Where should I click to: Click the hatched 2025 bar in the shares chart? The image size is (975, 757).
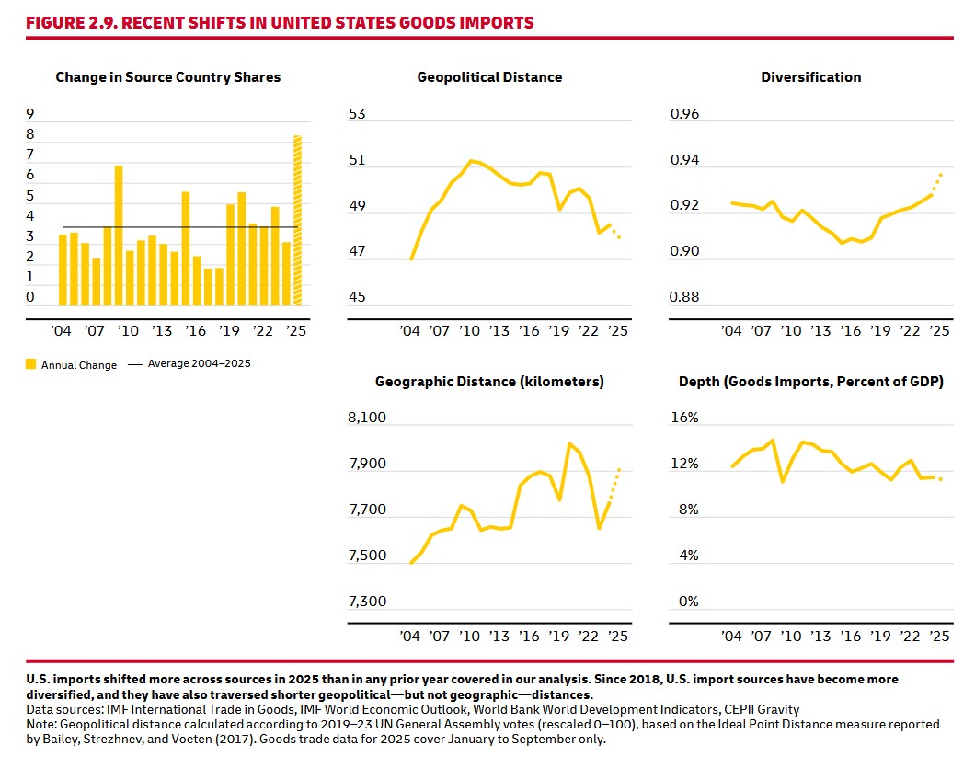pyautogui.click(x=297, y=221)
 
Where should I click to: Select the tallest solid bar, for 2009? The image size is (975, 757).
pyautogui.click(x=119, y=235)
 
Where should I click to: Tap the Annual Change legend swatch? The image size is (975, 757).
pyautogui.click(x=30, y=365)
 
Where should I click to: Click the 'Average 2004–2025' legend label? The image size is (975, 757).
pyautogui.click(x=199, y=364)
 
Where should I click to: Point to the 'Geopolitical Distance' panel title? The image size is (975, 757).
pyautogui.click(x=489, y=77)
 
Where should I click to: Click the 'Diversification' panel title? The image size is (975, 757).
pyautogui.click(x=811, y=77)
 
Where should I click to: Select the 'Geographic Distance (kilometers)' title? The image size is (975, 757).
pyautogui.click(x=489, y=382)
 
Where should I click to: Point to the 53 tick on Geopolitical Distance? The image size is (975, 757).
pyautogui.click(x=357, y=115)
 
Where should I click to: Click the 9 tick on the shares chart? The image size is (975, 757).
pyautogui.click(x=30, y=115)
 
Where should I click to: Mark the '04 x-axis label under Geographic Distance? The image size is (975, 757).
pyautogui.click(x=410, y=637)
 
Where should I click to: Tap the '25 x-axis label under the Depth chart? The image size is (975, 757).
pyautogui.click(x=939, y=637)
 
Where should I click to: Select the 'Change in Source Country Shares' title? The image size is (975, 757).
pyautogui.click(x=168, y=77)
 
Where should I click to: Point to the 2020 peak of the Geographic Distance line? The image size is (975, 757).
pyautogui.click(x=569, y=444)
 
